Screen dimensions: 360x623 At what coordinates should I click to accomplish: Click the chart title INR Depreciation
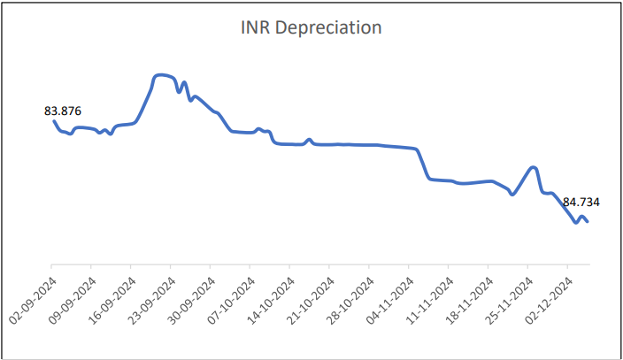point(311,28)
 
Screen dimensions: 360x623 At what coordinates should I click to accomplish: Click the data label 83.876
point(62,111)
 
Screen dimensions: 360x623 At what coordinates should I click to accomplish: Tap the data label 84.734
point(581,202)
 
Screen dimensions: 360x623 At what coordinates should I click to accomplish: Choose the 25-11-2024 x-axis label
point(509,295)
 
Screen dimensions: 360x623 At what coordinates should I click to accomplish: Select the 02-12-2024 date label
point(549,295)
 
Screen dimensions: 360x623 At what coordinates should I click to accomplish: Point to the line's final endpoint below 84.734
point(588,222)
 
